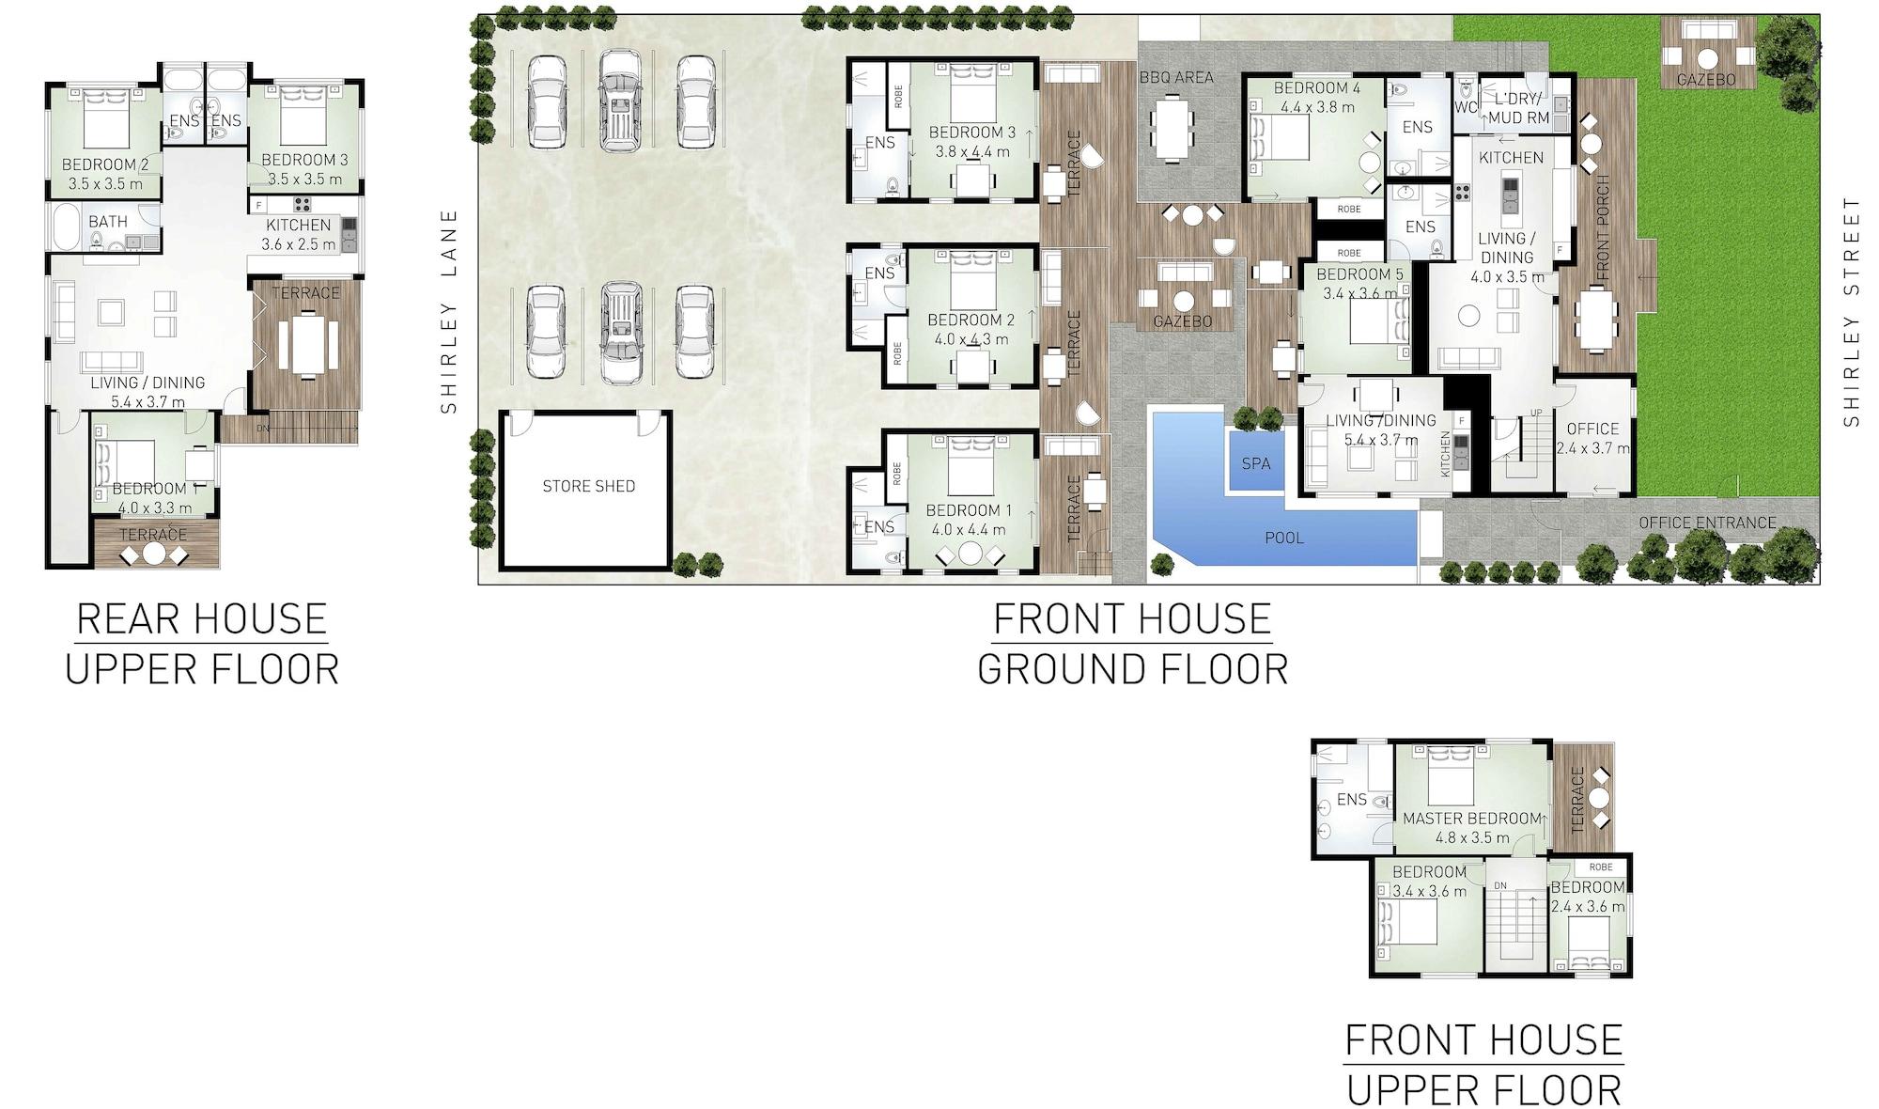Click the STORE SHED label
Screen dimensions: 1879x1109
tap(589, 486)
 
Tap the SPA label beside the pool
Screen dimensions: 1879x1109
tap(1256, 463)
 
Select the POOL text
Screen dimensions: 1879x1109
tap(1284, 538)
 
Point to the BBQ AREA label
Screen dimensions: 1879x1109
tap(1176, 77)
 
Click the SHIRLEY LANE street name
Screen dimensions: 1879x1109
tap(449, 311)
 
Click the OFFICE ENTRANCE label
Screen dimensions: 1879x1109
tap(1708, 523)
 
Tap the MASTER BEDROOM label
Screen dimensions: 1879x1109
tap(1472, 819)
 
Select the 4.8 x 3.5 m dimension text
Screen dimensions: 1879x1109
tap(1472, 837)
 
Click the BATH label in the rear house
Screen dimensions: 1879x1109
tap(108, 222)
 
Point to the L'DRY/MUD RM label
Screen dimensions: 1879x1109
tap(1516, 108)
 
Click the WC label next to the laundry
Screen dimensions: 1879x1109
tap(1467, 107)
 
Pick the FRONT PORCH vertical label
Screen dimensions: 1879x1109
tap(1603, 227)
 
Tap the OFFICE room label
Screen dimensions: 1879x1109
tap(1592, 429)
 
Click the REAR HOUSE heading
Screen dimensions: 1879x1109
tap(201, 619)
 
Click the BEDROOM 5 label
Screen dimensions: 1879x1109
tap(1359, 274)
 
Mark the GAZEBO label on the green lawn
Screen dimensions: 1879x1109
tap(1707, 80)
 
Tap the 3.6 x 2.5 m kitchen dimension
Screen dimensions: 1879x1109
tap(298, 244)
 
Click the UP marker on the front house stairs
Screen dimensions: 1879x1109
tap(1537, 413)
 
